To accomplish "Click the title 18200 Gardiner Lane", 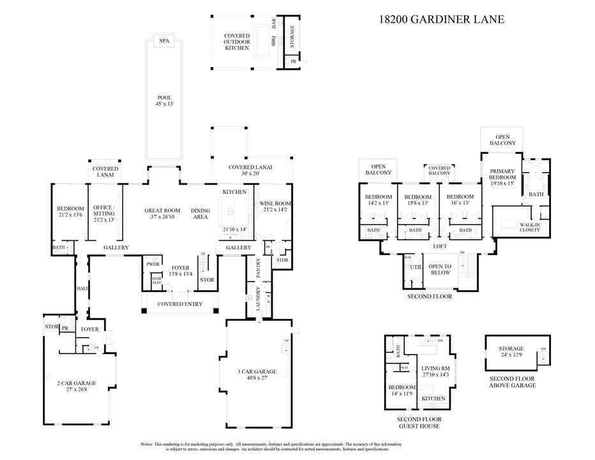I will click(x=441, y=19).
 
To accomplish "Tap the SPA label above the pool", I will click(x=165, y=41).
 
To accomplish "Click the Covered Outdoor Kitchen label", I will click(x=236, y=42).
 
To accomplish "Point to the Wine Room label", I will click(x=275, y=203).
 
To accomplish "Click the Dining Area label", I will click(x=200, y=214).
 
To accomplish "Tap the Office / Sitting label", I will click(x=103, y=211).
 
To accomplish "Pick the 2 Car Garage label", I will click(x=75, y=383).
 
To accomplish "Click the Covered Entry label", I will click(x=180, y=304).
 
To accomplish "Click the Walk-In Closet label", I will click(x=530, y=227).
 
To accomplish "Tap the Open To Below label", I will click(x=440, y=269).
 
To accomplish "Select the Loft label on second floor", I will click(x=439, y=246).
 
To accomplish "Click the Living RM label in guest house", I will click(x=437, y=369).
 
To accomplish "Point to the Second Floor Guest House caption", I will click(x=418, y=422).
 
